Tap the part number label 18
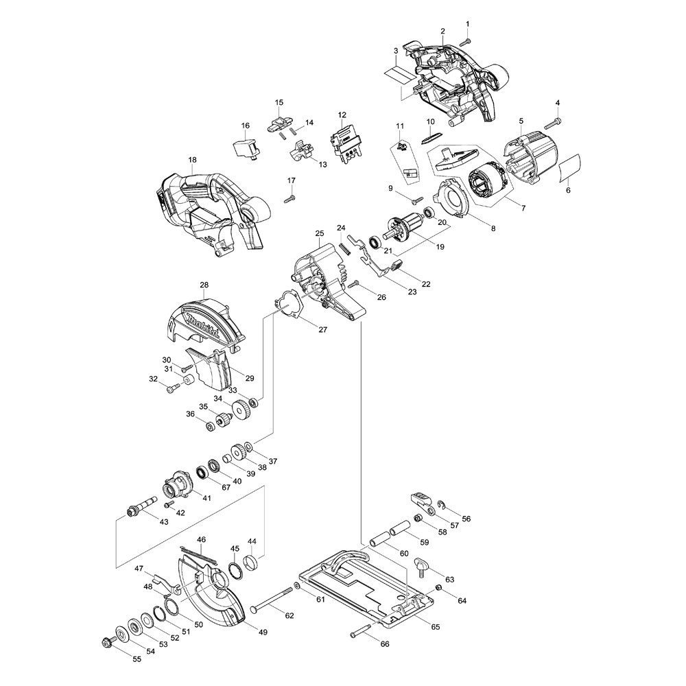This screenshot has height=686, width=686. tap(192, 160)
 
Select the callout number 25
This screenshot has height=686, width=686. tap(319, 234)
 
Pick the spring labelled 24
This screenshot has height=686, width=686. tap(345, 246)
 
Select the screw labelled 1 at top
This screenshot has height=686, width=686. tap(465, 41)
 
